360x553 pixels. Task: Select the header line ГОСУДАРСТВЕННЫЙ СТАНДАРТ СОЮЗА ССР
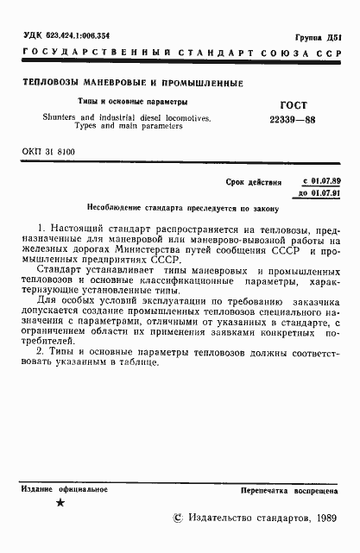pos(180,53)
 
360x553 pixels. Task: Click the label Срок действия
pos(254,183)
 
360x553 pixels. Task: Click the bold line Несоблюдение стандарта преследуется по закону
pos(179,209)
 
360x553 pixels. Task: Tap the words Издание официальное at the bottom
pos(65,489)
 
